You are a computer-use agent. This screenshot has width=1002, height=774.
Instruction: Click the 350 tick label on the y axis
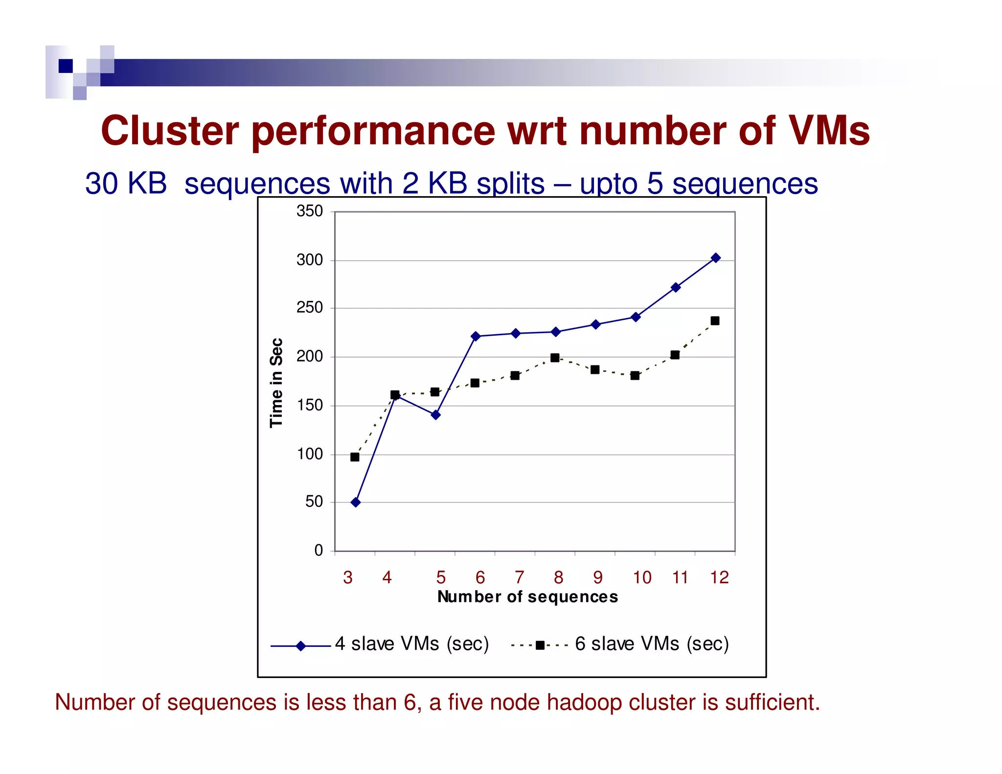pyautogui.click(x=309, y=211)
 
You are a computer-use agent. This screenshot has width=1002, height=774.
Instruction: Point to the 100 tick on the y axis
pyautogui.click(x=309, y=454)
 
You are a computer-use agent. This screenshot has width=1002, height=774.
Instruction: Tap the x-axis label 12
pyautogui.click(x=719, y=578)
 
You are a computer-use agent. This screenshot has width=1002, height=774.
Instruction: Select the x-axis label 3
pyautogui.click(x=348, y=578)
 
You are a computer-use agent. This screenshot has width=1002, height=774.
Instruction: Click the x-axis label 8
pyautogui.click(x=558, y=578)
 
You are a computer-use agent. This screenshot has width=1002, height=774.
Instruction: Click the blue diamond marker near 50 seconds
pyautogui.click(x=356, y=502)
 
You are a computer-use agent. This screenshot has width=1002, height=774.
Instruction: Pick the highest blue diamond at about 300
pyautogui.click(x=716, y=258)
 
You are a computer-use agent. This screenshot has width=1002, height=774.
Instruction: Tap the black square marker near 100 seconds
pyautogui.click(x=355, y=457)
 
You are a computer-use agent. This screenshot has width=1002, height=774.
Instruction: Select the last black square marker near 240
pyautogui.click(x=715, y=321)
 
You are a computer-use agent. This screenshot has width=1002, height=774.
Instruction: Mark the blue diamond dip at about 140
pyautogui.click(x=436, y=415)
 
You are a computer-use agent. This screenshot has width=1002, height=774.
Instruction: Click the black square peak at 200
pyautogui.click(x=555, y=358)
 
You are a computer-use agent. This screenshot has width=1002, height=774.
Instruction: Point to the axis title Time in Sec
pyautogui.click(x=276, y=383)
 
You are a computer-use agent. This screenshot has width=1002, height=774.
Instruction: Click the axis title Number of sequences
pyautogui.click(x=527, y=597)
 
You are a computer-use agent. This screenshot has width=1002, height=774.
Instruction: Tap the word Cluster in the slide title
pyautogui.click(x=170, y=131)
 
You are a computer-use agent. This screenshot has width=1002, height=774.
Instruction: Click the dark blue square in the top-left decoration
pyautogui.click(x=66, y=66)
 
